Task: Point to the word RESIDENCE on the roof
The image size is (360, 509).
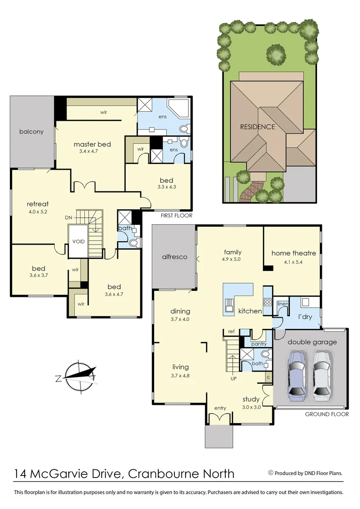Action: click(x=257, y=127)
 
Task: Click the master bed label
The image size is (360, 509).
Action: click(x=92, y=144)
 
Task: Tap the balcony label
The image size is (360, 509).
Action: click(x=32, y=131)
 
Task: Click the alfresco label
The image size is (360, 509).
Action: click(x=175, y=257)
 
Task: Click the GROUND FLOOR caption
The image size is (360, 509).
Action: click(x=327, y=414)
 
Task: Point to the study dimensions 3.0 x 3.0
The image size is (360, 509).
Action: click(x=251, y=407)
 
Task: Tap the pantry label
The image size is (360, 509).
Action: click(x=258, y=344)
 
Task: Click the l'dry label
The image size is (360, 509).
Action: click(x=305, y=317)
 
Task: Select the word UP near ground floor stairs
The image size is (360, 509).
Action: click(x=233, y=378)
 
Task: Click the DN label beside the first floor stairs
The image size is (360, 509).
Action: click(x=69, y=218)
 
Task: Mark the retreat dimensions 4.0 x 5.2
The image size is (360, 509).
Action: click(x=38, y=212)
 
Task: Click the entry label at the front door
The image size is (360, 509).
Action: click(x=220, y=408)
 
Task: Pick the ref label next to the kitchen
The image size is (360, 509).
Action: click(x=231, y=332)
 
